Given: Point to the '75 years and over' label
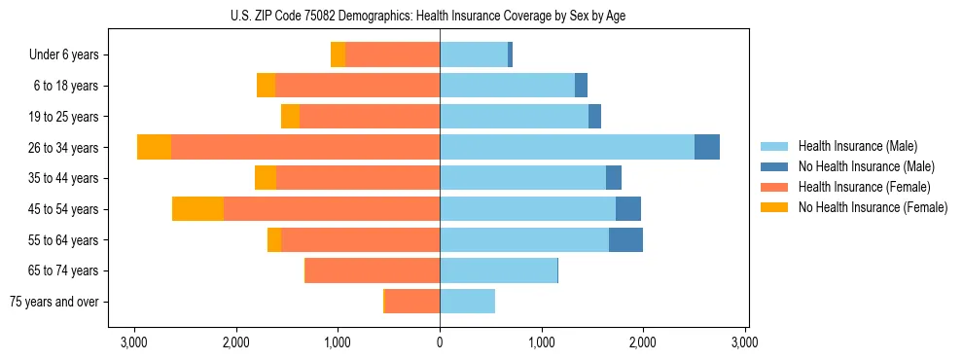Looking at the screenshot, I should (54, 302).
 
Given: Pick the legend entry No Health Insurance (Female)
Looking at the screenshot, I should (872, 207).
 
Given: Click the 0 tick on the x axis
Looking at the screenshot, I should (440, 342).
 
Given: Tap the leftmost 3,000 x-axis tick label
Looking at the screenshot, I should (133, 342).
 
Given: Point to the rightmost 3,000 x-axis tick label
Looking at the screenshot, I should (745, 342).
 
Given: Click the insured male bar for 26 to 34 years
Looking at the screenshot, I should (567, 147).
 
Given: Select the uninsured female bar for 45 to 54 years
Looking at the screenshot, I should (197, 209).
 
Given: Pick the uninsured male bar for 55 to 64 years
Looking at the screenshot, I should (625, 240).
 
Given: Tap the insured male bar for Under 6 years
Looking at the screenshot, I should (474, 55).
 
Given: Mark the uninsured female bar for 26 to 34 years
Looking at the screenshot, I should (154, 147).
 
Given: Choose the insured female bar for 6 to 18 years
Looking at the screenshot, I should (357, 86).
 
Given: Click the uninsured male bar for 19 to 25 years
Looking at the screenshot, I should (594, 117).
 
